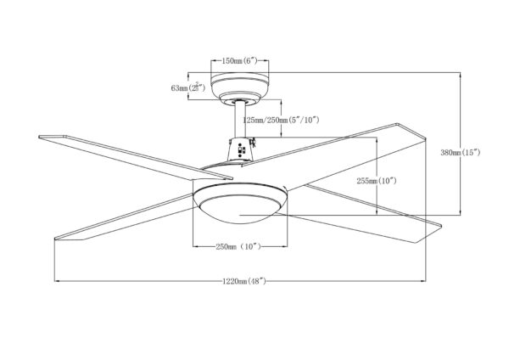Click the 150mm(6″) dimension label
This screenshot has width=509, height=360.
[x=239, y=60]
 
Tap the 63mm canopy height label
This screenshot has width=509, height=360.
[x=188, y=87]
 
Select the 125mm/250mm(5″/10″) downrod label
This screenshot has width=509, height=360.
[x=281, y=120]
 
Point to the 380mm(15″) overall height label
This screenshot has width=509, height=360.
[x=460, y=152]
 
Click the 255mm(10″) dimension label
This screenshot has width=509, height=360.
[x=377, y=181]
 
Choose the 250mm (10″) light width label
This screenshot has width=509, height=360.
[x=238, y=246]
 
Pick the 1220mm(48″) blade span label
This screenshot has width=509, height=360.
[x=244, y=281]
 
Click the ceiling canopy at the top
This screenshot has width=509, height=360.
[x=240, y=87]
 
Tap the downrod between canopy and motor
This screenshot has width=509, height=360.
[x=240, y=120]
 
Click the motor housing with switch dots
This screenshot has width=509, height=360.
[x=240, y=149]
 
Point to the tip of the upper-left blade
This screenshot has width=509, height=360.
[x=39, y=137]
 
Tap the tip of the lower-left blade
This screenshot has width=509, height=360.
[x=55, y=239]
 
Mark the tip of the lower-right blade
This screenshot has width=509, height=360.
[x=441, y=225]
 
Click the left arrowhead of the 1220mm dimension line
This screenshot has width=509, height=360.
[x=57, y=281]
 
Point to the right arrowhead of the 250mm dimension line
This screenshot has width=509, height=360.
[x=285, y=246]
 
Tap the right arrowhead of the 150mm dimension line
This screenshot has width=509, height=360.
[x=266, y=60]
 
